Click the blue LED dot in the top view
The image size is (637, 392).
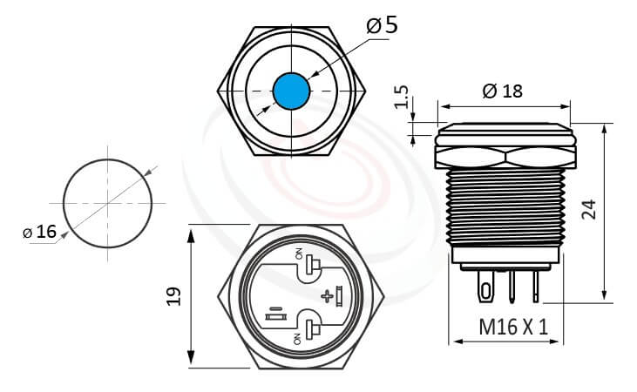(x=290, y=90)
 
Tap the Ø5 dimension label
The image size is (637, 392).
(x=382, y=24)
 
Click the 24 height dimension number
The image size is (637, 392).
(x=590, y=209)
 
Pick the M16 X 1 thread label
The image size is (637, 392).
(x=513, y=328)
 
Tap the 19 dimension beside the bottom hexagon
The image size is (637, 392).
(x=173, y=296)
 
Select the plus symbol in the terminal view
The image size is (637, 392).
(x=327, y=296)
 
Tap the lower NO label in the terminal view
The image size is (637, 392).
(x=299, y=336)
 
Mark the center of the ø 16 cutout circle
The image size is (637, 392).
(x=108, y=204)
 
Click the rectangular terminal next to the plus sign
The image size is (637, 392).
(x=337, y=296)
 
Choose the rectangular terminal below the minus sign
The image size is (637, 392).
(x=274, y=319)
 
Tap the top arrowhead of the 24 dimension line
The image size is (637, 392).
(x=605, y=127)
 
